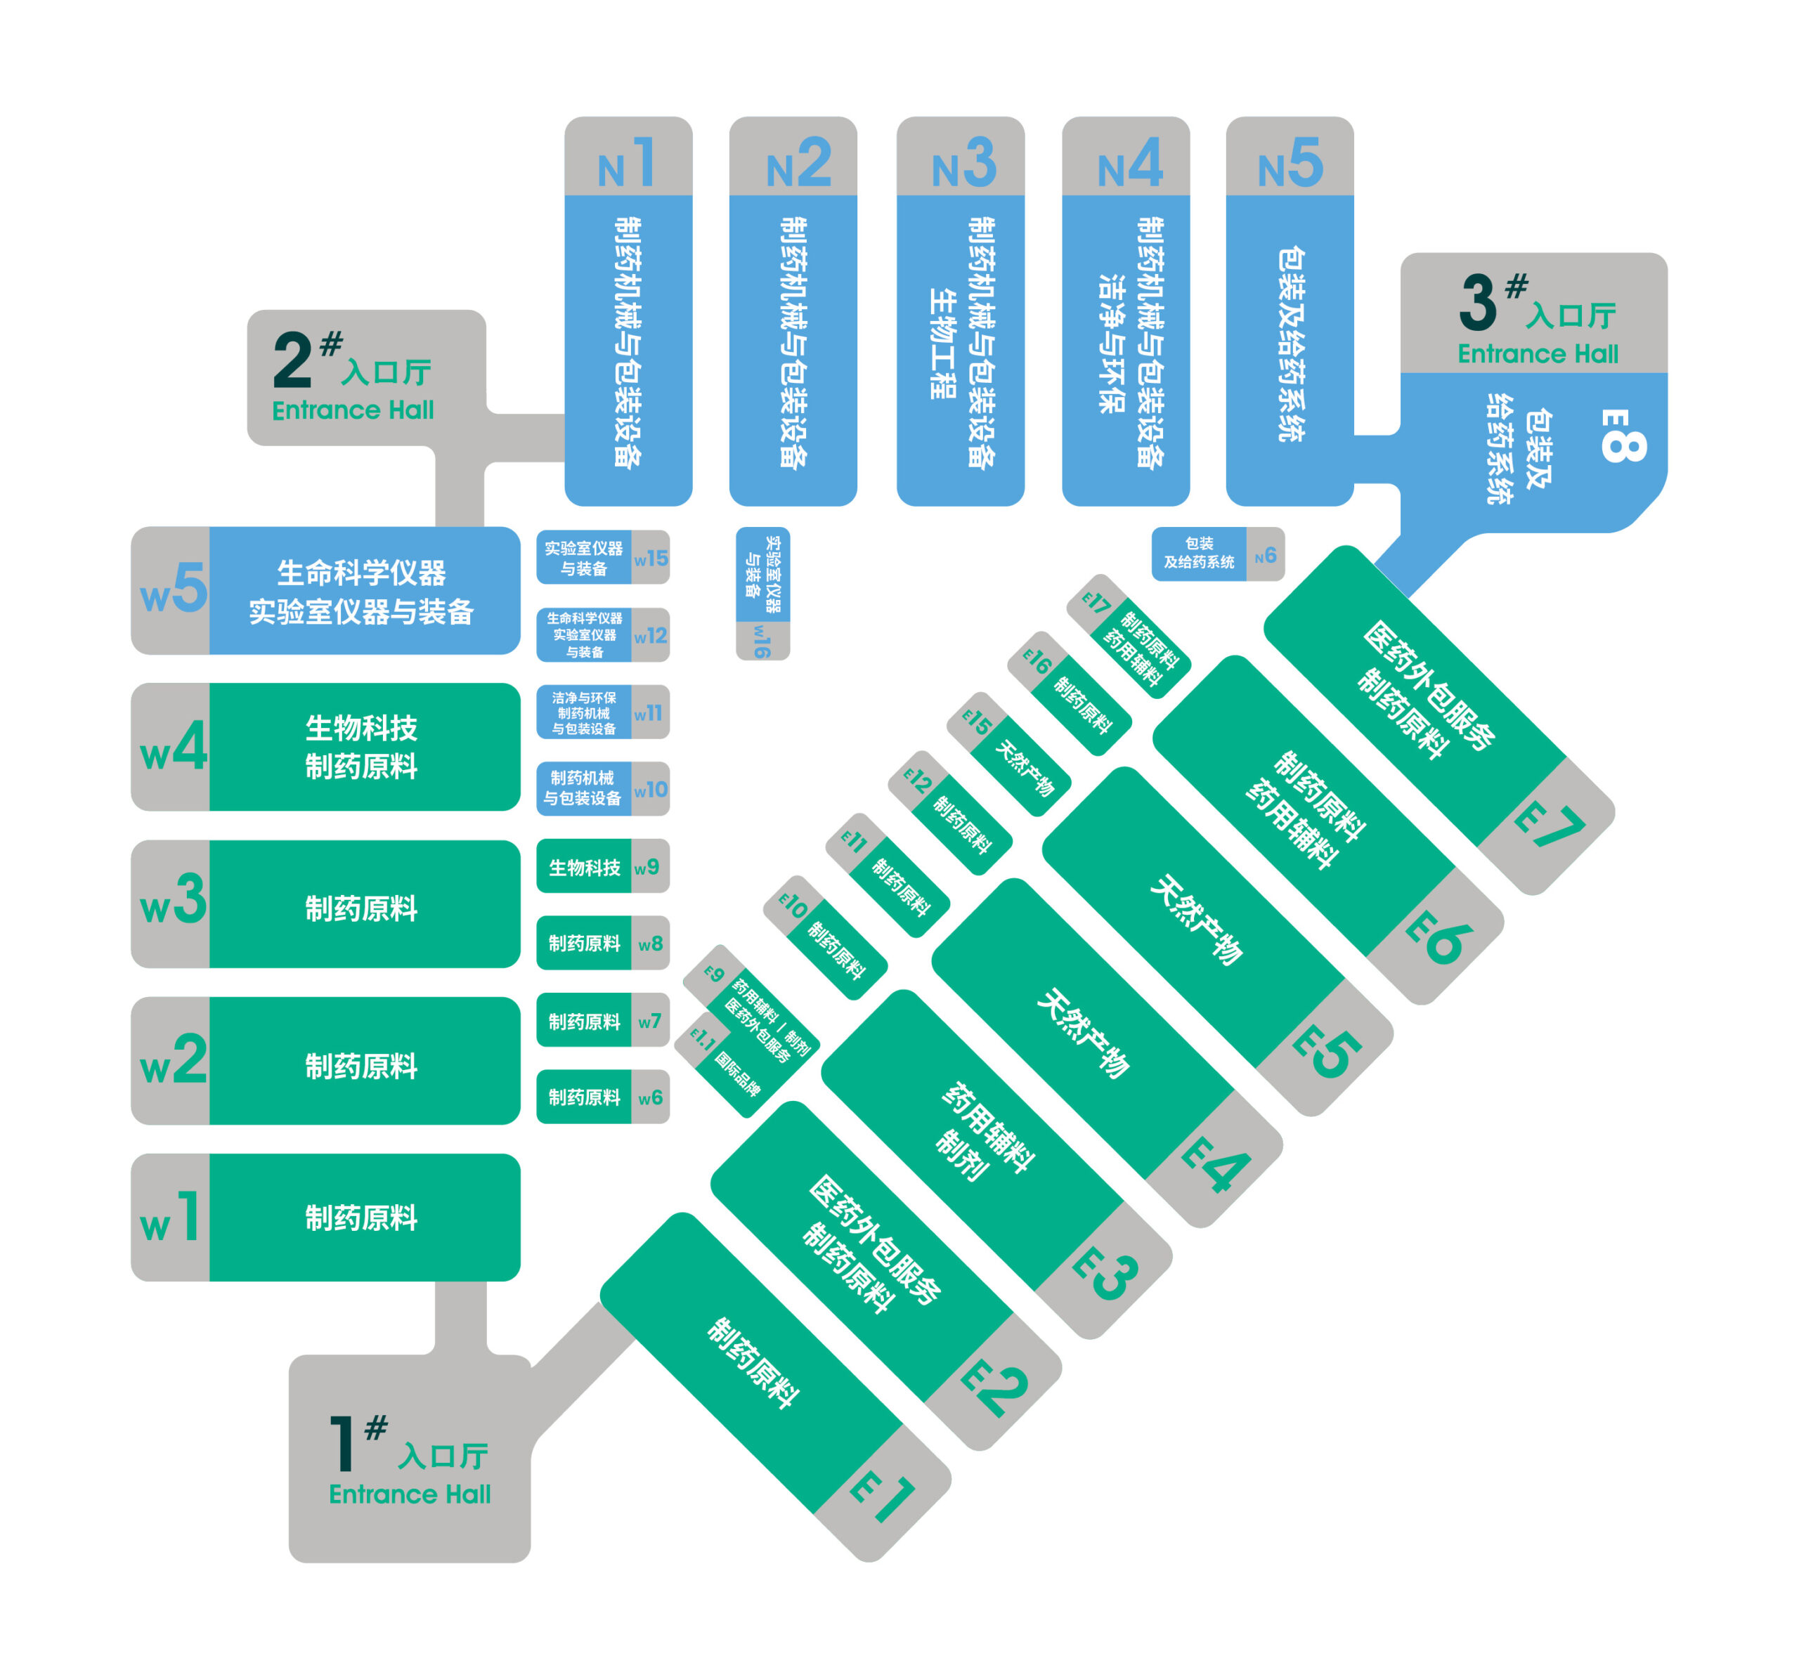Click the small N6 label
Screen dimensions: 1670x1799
pos(1266,556)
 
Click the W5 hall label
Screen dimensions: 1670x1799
pos(173,589)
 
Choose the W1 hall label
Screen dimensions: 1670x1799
pos(170,1218)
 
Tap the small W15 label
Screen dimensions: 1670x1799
pos(651,559)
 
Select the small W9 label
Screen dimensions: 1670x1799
pos(647,868)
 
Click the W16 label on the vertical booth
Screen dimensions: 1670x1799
pos(762,641)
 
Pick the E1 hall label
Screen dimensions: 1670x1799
pos(883,1496)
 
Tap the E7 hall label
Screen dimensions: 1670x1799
pos(1549,824)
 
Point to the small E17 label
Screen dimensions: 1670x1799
pos(1096,602)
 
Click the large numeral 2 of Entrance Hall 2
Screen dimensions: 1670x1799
pos(292,360)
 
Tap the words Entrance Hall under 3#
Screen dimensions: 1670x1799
pos(1537,353)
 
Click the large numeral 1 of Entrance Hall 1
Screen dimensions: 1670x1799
pos(341,1444)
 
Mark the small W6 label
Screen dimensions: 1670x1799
pos(650,1098)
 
